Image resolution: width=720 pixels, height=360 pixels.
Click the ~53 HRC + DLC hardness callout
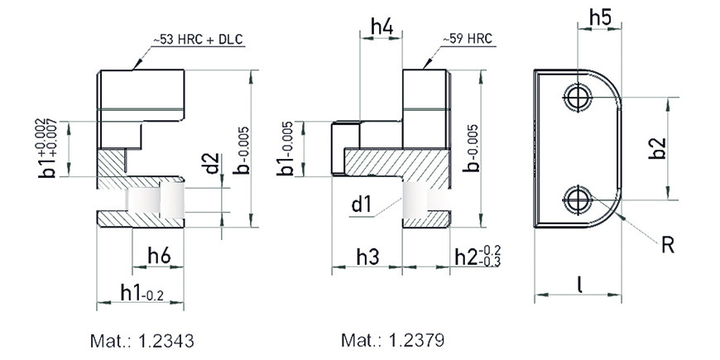198,40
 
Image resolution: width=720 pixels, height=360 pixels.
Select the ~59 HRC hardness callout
467,39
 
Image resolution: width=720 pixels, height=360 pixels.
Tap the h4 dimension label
382,27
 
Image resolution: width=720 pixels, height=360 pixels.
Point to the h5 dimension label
601,18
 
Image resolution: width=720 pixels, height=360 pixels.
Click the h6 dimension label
159,255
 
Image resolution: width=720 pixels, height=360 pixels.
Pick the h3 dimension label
368,257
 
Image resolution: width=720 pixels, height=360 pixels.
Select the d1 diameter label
361,204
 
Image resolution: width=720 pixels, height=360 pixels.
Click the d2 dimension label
212,164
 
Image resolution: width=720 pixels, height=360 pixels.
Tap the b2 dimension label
657,148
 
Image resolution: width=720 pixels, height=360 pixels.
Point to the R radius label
668,246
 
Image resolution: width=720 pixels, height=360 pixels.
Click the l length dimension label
580,285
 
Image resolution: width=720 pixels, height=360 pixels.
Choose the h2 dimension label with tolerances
478,257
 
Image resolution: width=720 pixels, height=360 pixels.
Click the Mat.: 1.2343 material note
142,341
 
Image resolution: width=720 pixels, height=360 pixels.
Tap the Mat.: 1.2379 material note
392,340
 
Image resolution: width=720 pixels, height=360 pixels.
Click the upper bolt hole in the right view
576,98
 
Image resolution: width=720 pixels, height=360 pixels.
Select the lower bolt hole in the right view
576,199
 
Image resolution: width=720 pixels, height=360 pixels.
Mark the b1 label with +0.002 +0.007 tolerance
47,148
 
